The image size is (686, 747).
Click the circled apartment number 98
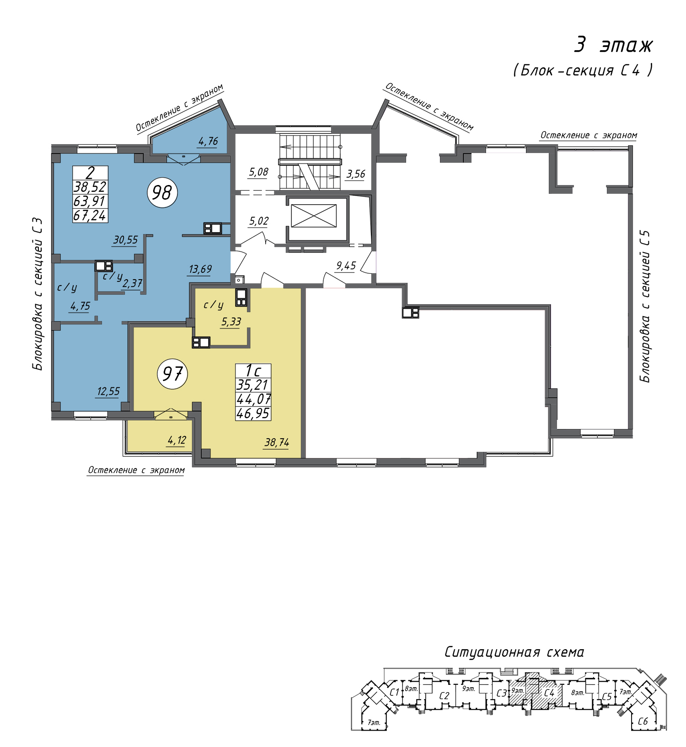(162, 192)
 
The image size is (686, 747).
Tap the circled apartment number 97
(172, 374)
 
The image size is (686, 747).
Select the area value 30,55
(125, 240)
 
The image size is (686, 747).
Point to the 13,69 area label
(200, 269)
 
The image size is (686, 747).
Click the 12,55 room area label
(108, 392)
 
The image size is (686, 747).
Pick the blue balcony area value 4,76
(208, 141)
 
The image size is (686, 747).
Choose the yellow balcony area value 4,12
(177, 440)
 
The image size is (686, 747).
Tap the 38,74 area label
(277, 442)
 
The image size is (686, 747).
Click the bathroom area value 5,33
(231, 322)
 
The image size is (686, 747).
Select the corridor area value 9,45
(346, 266)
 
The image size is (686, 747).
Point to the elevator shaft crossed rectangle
(314, 216)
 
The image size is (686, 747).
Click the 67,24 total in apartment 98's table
(90, 215)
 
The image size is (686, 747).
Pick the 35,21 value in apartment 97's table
(252, 385)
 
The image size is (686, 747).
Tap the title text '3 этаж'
(613, 45)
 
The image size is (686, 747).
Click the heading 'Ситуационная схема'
(514, 652)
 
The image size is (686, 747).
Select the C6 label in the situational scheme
(643, 722)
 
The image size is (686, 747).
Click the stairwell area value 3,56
(356, 174)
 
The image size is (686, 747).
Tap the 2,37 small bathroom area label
(132, 284)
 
